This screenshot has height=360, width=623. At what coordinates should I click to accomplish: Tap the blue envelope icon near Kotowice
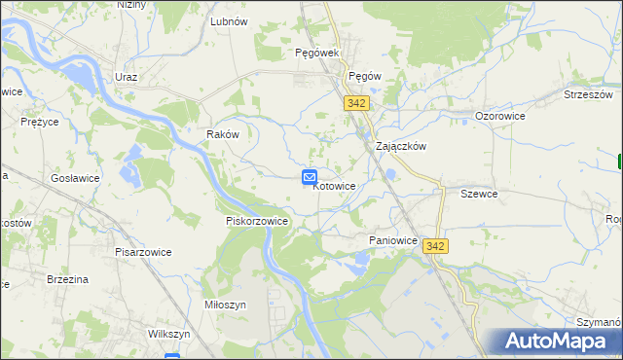[x=309, y=176]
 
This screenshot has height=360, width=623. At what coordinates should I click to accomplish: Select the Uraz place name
[x=126, y=77]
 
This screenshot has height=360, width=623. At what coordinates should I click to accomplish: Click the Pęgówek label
[x=316, y=53]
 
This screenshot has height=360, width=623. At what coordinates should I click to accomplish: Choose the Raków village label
[x=223, y=134]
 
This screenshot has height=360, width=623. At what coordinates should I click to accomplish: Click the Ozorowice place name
[x=500, y=116]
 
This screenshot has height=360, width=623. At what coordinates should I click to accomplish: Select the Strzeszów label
[x=588, y=94]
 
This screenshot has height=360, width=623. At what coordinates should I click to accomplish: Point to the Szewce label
[x=479, y=194]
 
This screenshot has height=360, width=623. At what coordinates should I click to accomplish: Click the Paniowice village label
[x=393, y=239]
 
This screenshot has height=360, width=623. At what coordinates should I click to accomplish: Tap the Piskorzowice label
[x=257, y=221]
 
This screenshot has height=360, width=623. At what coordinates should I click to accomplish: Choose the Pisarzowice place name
[x=142, y=252]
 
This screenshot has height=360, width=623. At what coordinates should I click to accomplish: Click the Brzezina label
[x=68, y=279]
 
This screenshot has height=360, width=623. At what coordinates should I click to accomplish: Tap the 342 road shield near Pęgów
[x=355, y=102]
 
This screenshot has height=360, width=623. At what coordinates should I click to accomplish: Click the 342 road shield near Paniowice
[x=435, y=247]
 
